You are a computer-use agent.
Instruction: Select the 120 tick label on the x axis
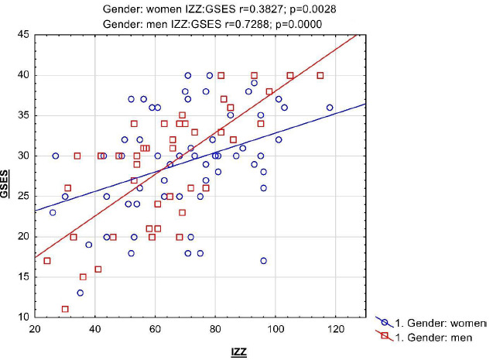tap(335, 329)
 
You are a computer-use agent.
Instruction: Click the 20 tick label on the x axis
tap(35, 329)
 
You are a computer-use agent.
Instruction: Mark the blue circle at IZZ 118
tap(330, 108)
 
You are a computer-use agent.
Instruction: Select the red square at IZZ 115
tap(320, 76)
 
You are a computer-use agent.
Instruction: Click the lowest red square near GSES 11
tap(65, 309)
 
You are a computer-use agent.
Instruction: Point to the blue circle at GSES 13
tap(80, 293)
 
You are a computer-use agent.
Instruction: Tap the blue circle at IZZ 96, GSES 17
tap(263, 261)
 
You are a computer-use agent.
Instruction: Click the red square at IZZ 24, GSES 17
tap(47, 261)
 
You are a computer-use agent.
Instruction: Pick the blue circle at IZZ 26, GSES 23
tap(53, 212)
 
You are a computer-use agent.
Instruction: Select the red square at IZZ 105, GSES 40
tap(290, 76)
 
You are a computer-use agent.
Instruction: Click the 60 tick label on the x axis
tap(155, 329)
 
